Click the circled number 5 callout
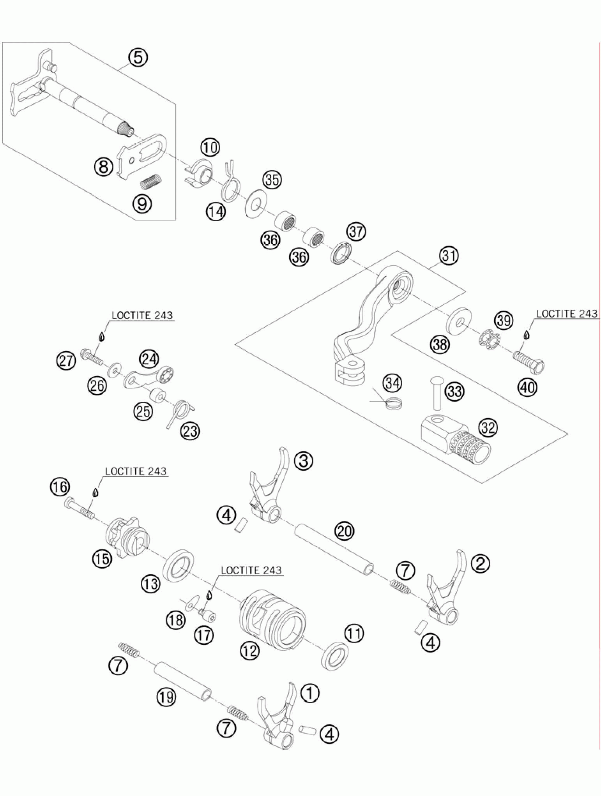click(138, 57)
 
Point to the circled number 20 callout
click(345, 531)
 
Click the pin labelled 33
click(437, 393)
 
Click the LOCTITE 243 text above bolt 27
click(142, 315)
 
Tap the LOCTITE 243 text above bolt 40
click(567, 314)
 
